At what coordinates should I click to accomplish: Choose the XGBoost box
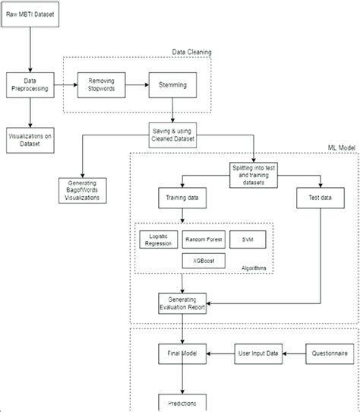coord(204,261)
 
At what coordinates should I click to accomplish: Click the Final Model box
coord(182,353)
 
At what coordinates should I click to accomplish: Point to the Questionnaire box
coord(327,353)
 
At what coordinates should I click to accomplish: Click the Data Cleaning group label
coord(191,52)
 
